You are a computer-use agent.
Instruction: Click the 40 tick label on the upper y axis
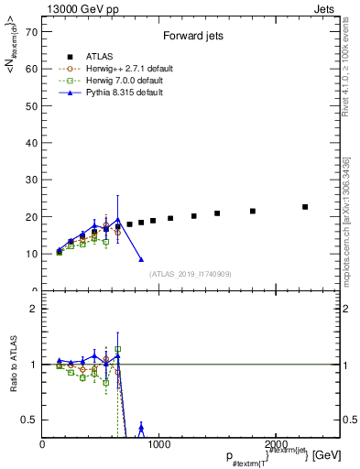pyautogui.click(x=33, y=143)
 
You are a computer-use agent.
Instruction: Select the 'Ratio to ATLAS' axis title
pyautogui.click(x=13, y=365)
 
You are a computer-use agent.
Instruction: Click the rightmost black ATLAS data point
pyautogui.click(x=305, y=207)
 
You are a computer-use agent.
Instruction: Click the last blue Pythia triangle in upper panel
pyautogui.click(x=141, y=259)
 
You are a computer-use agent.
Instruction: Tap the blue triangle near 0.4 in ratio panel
pyautogui.click(x=141, y=428)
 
